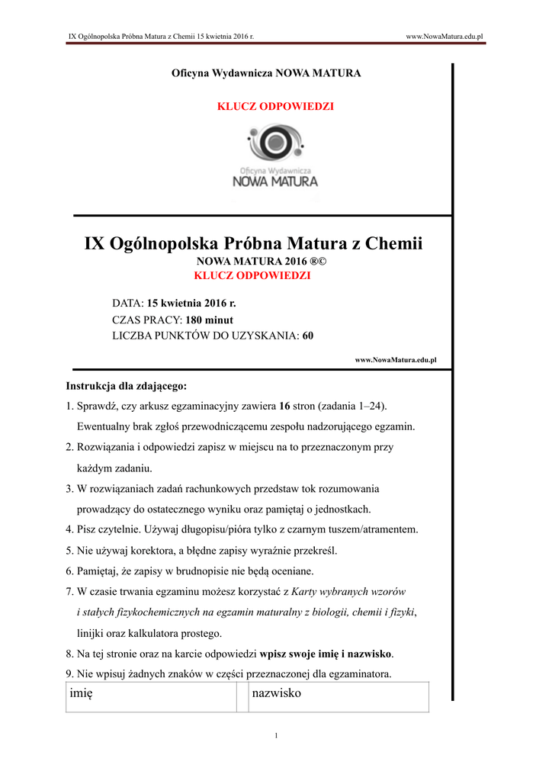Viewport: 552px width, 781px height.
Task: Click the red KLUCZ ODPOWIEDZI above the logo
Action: (x=275, y=107)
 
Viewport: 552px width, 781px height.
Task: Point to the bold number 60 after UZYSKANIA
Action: (x=308, y=336)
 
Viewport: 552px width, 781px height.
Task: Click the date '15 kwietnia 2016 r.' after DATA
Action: (x=191, y=304)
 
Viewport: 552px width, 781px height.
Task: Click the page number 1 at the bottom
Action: (x=276, y=735)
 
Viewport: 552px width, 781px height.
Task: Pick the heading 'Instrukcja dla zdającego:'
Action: (x=127, y=386)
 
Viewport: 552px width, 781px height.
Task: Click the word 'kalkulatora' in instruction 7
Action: (x=165, y=633)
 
